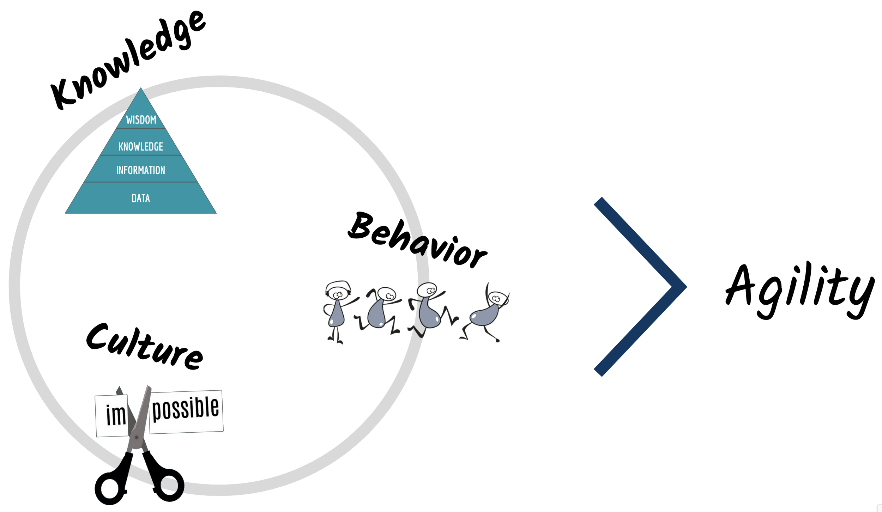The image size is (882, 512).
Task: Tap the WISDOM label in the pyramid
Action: coord(141,120)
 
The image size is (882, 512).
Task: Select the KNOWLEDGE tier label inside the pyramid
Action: coord(141,146)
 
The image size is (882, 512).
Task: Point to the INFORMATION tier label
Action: coord(141,170)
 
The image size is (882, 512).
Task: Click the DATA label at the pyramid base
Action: coord(141,198)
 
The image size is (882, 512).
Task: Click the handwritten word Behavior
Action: coord(416,240)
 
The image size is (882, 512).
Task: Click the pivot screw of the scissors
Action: coord(137,438)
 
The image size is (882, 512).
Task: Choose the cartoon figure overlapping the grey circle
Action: coord(429,309)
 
